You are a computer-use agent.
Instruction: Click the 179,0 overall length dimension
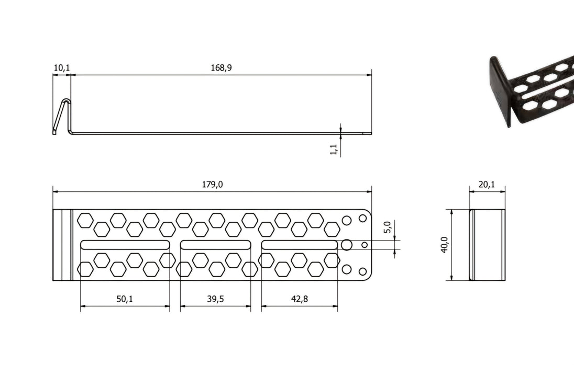212,184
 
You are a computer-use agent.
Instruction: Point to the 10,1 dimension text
61,67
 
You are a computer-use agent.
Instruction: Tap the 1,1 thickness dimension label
333,149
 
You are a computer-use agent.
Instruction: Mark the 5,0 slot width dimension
388,228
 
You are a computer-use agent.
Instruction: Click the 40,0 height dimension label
444,244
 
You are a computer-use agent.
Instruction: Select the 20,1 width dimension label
487,184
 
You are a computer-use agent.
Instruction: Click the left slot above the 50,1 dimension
125,245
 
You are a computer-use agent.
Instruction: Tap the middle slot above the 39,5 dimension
215,245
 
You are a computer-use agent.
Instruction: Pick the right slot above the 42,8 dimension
299,245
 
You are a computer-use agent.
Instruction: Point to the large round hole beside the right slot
346,244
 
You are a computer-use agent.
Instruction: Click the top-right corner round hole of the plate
362,217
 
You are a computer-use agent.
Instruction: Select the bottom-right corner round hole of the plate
362,271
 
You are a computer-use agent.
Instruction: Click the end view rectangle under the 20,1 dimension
487,245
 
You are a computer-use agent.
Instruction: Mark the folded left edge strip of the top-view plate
62,245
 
